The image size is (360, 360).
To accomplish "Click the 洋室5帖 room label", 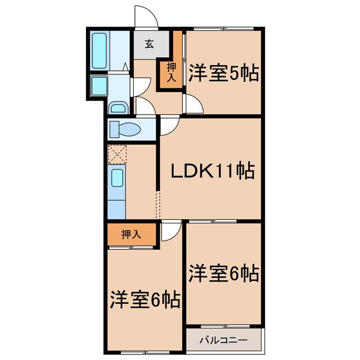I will click(x=224, y=74).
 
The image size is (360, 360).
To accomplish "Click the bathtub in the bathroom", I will click(x=99, y=50).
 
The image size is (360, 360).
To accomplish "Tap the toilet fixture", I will click(x=125, y=129).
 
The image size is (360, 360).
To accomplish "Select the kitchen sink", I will click(x=118, y=179).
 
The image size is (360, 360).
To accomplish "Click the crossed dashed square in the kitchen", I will click(x=117, y=154).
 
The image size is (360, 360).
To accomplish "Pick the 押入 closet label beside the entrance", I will click(x=172, y=71).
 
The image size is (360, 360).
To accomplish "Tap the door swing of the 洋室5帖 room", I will click(x=195, y=105).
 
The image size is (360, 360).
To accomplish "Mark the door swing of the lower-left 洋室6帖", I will click(x=171, y=232).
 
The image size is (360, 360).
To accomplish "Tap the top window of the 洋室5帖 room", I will click(x=224, y=29).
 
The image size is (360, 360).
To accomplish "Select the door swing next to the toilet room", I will click(x=169, y=127).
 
